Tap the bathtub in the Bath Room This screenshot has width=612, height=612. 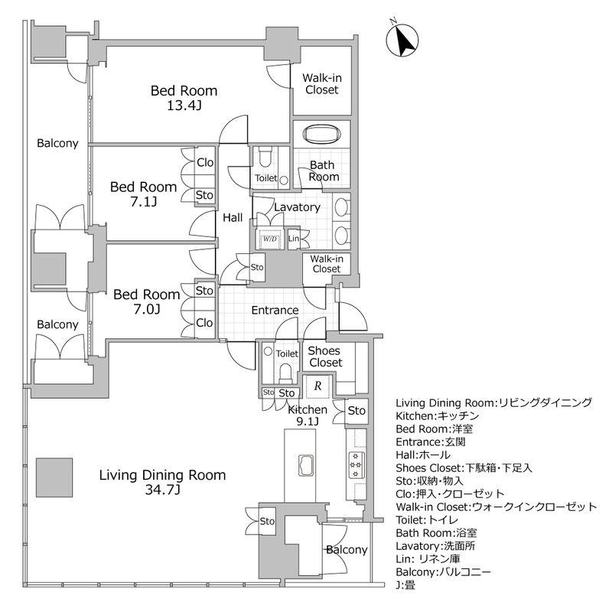click(x=322, y=135)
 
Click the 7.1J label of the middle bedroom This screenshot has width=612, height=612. click(x=143, y=202)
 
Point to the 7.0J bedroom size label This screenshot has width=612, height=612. click(x=146, y=309)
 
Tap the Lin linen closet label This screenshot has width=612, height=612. click(x=295, y=239)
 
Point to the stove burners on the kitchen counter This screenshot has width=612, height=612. click(x=356, y=463)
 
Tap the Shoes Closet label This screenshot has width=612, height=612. click(x=324, y=356)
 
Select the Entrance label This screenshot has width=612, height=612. click(x=275, y=310)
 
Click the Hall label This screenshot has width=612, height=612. click(x=233, y=218)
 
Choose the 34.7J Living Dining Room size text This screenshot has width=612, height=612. click(x=162, y=490)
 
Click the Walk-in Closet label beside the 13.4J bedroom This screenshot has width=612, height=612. click(x=321, y=83)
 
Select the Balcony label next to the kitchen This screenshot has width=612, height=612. click(x=347, y=550)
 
